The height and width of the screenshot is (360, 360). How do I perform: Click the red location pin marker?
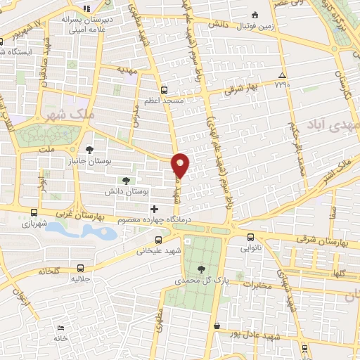181,165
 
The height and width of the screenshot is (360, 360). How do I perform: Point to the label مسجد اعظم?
164,101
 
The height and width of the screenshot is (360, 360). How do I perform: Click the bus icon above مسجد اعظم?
164,90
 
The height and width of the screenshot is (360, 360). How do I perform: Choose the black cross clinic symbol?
155,209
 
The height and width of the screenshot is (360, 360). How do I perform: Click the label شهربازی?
34,224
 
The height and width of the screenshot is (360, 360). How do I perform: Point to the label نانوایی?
251,248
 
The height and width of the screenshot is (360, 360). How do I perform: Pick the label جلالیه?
79,279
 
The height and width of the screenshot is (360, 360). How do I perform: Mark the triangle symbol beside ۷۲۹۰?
282,75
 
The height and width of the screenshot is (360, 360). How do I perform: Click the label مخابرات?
259,285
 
